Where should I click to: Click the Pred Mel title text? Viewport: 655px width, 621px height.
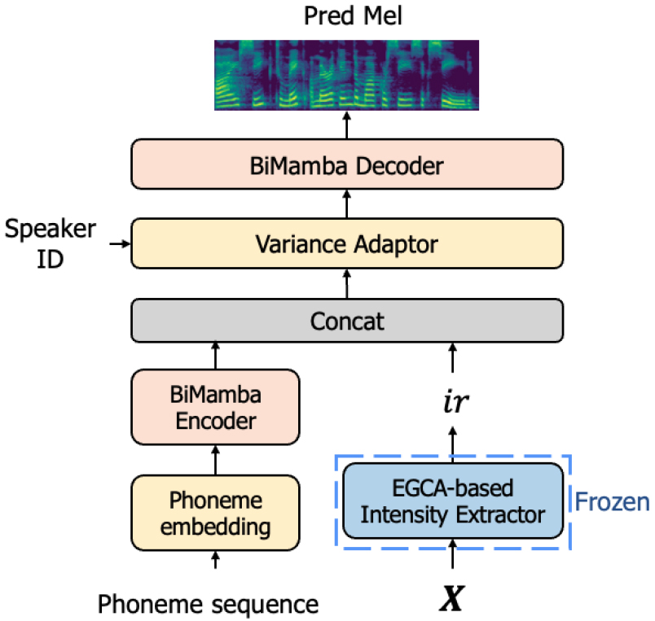coord(345,16)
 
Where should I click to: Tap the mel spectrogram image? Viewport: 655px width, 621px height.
coord(345,74)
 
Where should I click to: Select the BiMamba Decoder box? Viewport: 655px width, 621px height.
coord(346,166)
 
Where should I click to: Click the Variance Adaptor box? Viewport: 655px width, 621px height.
coord(346,243)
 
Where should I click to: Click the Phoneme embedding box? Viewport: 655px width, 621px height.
coord(216,513)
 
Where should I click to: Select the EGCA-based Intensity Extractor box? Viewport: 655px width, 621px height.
coord(454,501)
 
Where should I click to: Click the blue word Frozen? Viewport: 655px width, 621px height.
coord(612,501)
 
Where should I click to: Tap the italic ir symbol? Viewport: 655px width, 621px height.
coord(453,402)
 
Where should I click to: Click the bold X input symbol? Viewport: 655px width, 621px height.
coord(453,600)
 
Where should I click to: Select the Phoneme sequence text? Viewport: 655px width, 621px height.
coord(208,604)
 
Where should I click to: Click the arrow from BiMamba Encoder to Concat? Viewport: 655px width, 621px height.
coord(216,355)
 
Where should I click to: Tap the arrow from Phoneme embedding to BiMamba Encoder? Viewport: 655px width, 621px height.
coord(216,461)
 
